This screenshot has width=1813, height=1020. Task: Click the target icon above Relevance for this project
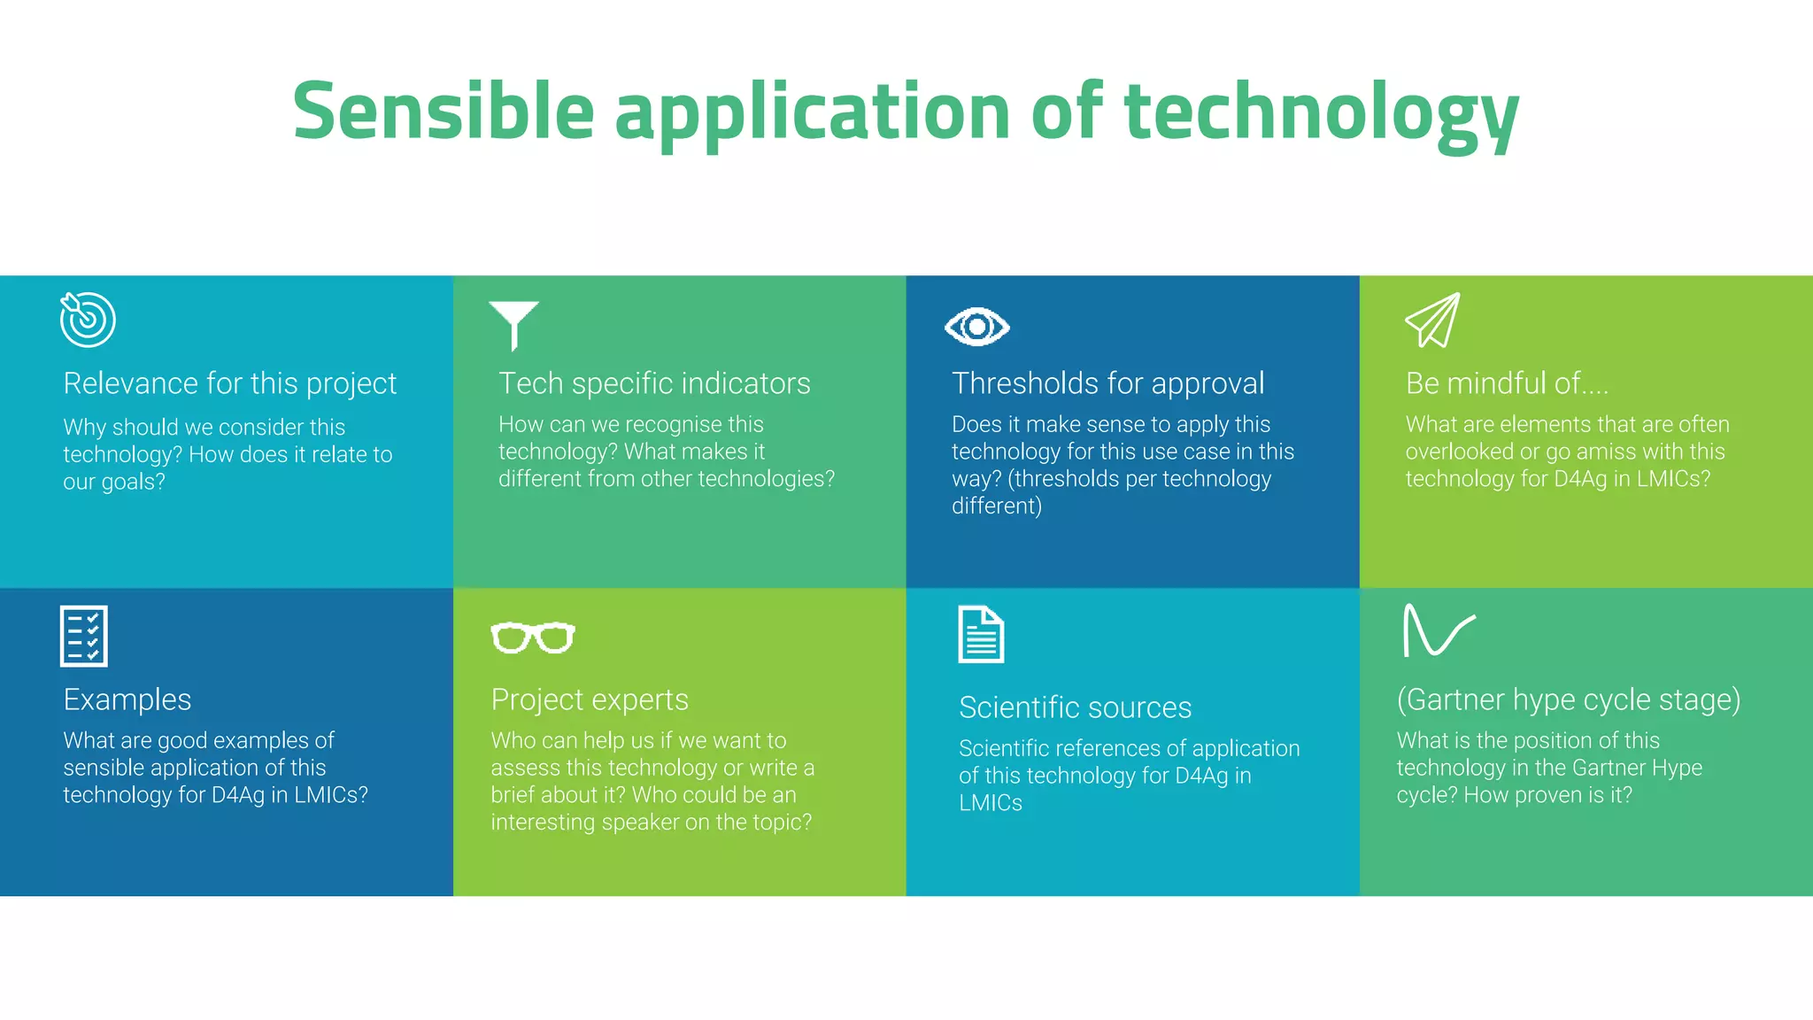(x=88, y=320)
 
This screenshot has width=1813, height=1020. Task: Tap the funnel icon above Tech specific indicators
(x=513, y=324)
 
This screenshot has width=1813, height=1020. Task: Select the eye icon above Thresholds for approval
(x=976, y=328)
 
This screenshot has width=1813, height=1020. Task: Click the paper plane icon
(x=1433, y=321)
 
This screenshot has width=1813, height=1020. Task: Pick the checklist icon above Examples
(x=84, y=636)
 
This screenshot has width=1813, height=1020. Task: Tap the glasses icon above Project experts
(x=533, y=637)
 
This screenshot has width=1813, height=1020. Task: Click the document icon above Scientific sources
(x=981, y=634)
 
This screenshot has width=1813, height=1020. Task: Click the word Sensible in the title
(x=443, y=112)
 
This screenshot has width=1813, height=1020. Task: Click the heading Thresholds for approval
(x=1107, y=383)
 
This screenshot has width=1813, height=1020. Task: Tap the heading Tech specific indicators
(x=654, y=383)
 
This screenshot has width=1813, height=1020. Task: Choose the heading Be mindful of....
(x=1506, y=383)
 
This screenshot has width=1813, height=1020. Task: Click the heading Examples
(x=127, y=699)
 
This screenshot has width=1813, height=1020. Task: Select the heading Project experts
(x=590, y=699)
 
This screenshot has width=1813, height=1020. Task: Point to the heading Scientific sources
(x=1075, y=707)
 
